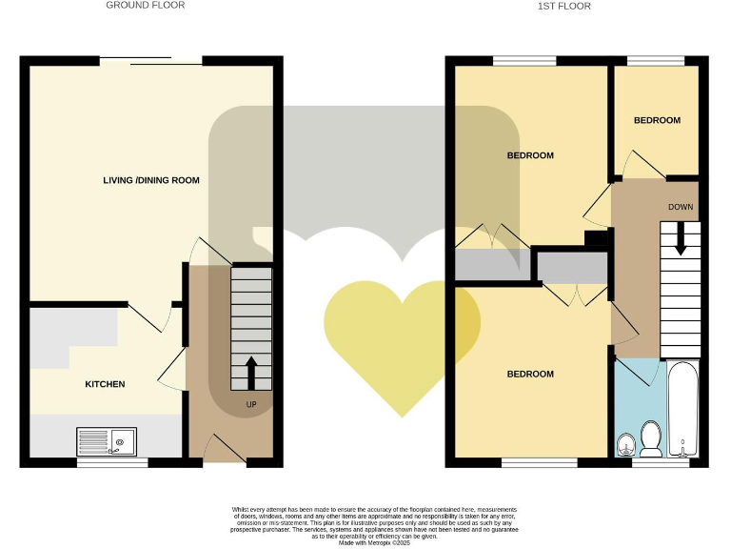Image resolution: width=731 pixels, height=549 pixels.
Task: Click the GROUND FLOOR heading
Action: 145,6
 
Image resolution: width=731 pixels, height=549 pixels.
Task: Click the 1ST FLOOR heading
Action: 563,6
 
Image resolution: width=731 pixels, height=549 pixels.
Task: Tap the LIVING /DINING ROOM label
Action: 151,179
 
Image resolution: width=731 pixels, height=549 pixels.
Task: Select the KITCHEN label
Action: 105,384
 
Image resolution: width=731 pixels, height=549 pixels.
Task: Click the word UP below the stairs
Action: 251,404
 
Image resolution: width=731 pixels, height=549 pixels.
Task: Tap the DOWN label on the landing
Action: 680,207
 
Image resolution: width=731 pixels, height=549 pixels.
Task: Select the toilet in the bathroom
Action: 652,437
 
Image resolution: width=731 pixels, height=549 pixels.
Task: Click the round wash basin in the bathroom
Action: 627,442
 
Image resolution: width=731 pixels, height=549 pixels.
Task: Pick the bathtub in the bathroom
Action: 682,410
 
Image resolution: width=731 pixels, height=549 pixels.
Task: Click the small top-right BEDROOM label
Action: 657,120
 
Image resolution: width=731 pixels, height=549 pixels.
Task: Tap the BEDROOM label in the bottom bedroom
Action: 530,374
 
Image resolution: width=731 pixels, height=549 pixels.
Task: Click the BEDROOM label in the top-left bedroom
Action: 530,155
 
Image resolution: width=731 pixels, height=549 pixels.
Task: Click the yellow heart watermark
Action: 402,343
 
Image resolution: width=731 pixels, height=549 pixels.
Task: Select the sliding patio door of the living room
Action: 151,63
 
